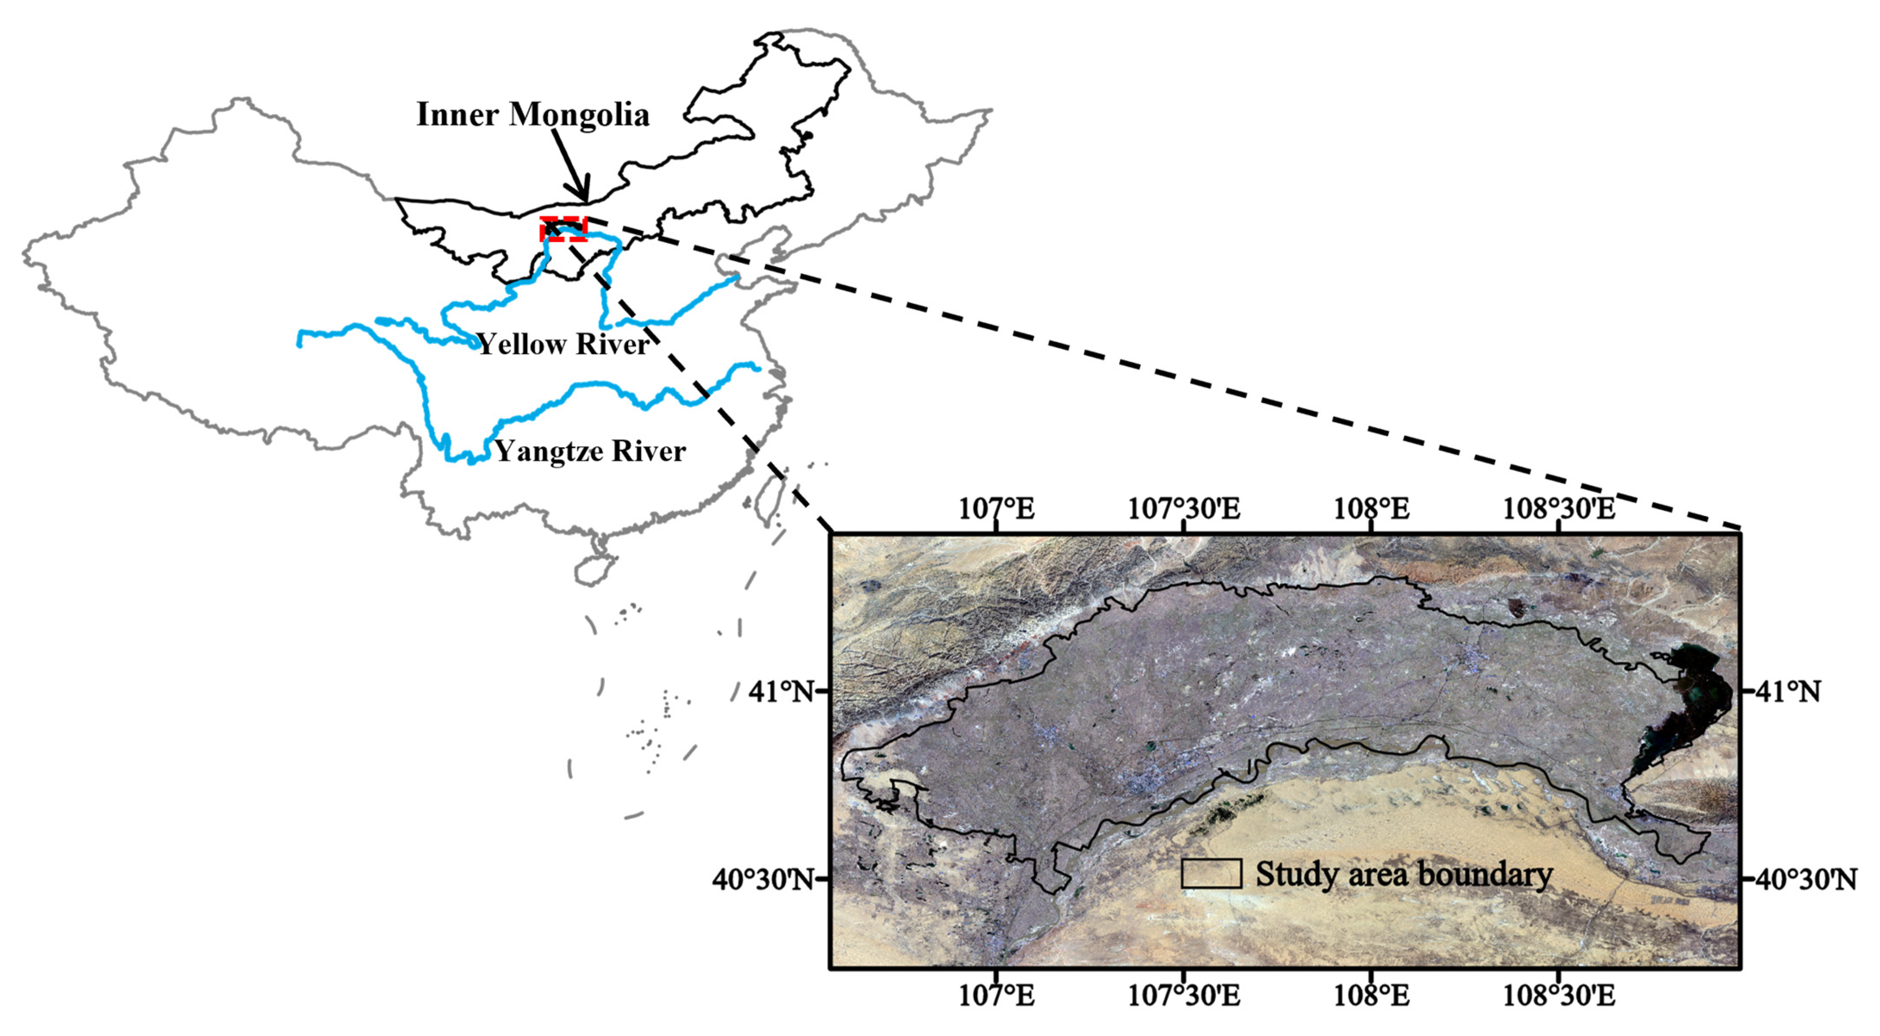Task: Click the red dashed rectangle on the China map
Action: pyautogui.click(x=564, y=228)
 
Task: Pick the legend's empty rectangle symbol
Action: pyautogui.click(x=1212, y=873)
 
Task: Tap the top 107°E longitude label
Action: pyautogui.click(x=996, y=508)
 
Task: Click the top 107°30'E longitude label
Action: pyautogui.click(x=1184, y=508)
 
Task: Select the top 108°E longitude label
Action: pyautogui.click(x=1371, y=508)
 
